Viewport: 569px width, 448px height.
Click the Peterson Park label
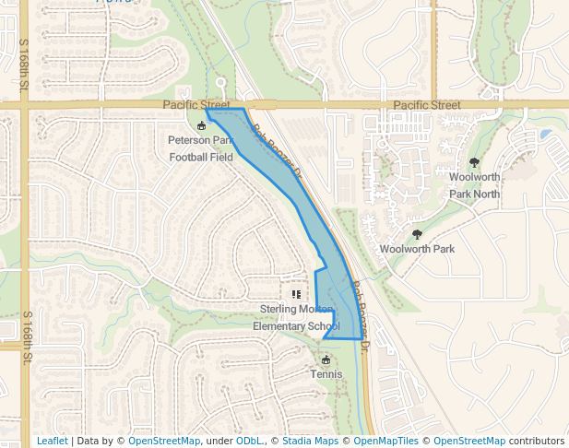(201, 140)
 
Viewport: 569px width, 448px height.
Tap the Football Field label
(201, 158)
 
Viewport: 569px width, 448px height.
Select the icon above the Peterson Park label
(202, 125)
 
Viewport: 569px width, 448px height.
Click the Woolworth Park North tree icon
(474, 162)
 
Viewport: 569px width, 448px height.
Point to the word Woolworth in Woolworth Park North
(474, 177)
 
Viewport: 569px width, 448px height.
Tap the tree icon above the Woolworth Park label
(417, 234)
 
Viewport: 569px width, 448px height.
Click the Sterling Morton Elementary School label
(298, 317)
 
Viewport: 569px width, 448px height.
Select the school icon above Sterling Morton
(295, 294)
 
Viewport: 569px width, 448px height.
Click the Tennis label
(326, 374)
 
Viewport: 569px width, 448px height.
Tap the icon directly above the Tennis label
(326, 360)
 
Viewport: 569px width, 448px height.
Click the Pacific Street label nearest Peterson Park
(196, 106)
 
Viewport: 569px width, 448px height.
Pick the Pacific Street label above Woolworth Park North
(426, 106)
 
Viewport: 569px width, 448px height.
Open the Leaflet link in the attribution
(52, 442)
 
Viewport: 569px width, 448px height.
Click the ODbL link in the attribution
(248, 442)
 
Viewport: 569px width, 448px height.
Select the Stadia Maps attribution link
(310, 442)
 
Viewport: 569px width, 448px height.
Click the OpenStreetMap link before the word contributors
(469, 442)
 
